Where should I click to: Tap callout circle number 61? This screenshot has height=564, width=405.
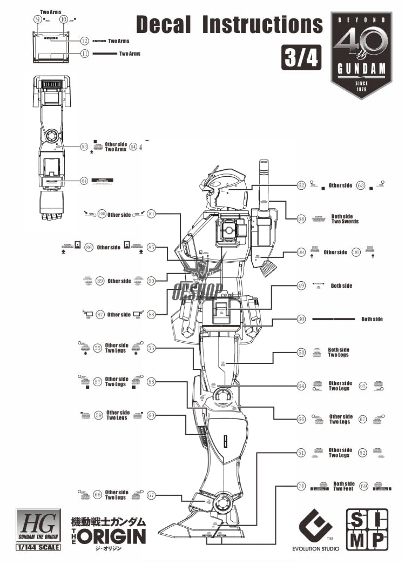point(84,181)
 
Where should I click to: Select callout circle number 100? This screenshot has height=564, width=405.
point(102,214)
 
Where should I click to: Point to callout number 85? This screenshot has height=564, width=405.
point(151,247)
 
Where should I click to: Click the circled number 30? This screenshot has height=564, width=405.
point(301,319)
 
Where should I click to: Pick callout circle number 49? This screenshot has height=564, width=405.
point(301,286)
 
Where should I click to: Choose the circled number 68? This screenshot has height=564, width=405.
point(301,219)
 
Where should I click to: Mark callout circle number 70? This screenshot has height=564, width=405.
point(301,486)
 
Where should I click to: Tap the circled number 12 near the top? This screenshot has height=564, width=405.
point(84,41)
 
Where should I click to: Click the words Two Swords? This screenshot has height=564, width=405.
point(345,221)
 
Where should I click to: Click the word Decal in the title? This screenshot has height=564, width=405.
point(163,25)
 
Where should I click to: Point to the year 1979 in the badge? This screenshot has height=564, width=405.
point(361,89)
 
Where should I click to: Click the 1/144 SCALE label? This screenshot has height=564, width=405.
point(38,547)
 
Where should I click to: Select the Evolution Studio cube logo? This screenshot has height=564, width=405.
point(315,528)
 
